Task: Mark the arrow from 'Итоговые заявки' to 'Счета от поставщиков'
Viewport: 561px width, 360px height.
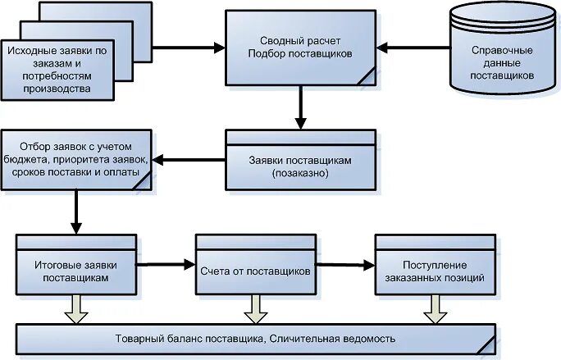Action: [x=165, y=265]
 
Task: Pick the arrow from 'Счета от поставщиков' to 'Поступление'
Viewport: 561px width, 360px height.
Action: [x=344, y=265]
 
